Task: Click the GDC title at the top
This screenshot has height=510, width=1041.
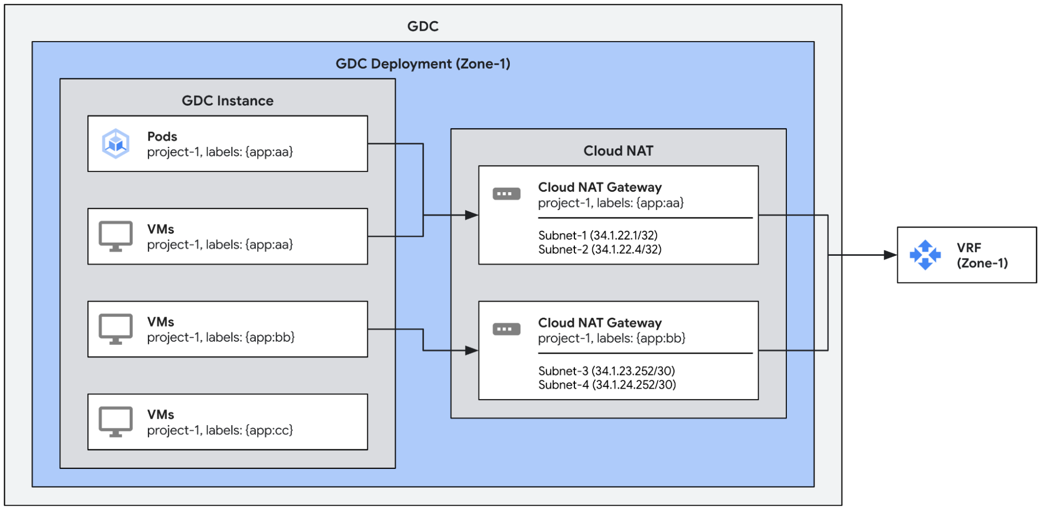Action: pos(422,26)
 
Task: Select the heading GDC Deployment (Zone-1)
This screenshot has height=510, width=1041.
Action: pos(422,64)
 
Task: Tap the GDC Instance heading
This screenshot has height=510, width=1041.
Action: pos(227,101)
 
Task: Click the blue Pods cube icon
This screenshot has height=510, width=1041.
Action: pos(115,144)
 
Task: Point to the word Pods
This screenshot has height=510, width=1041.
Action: pos(162,136)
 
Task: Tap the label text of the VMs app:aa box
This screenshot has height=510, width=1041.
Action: pos(220,244)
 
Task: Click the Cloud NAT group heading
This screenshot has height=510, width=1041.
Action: pos(618,151)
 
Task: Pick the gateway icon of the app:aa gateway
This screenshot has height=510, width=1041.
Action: pos(506,194)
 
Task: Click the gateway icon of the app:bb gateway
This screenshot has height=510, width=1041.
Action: pos(506,329)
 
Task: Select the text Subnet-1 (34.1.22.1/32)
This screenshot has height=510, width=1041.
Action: pos(598,235)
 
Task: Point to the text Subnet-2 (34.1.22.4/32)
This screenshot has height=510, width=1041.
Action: pos(599,250)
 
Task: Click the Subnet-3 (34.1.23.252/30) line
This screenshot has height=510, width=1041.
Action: pos(606,371)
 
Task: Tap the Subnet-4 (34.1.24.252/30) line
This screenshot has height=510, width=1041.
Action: pos(607,385)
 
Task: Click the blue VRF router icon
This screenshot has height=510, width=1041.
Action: pos(925,255)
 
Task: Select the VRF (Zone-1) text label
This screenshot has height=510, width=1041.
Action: pos(982,255)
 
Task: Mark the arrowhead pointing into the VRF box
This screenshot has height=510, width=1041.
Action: pos(890,255)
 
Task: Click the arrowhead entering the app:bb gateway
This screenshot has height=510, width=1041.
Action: pos(471,351)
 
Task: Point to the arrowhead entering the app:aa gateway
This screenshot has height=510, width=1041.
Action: pos(471,215)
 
